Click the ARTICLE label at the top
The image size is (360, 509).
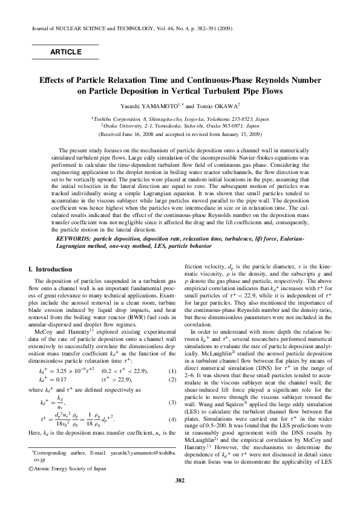tap(65, 52)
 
